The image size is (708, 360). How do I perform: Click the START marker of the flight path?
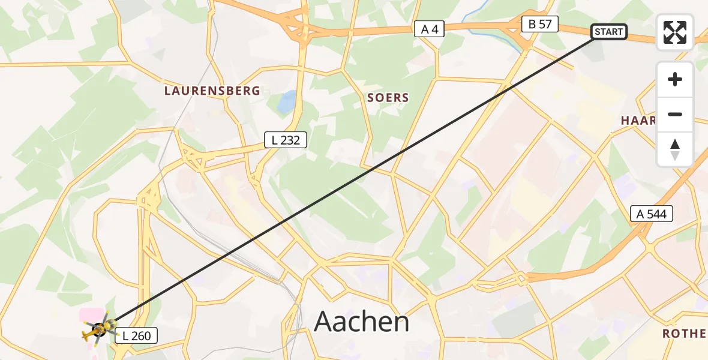[x=609, y=32]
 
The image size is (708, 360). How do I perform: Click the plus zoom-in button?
[x=675, y=80]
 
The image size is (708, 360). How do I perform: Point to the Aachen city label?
[x=361, y=322]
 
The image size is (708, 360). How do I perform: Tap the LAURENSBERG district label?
[x=212, y=91]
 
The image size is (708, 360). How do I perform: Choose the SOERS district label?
[x=388, y=97]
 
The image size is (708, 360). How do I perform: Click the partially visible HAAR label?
[x=638, y=121]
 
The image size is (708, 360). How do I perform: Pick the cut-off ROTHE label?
[x=683, y=334]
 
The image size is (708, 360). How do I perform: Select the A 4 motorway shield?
[x=429, y=29]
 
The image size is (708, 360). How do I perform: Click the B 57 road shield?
[x=539, y=25]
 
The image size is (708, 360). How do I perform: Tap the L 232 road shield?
[x=286, y=140]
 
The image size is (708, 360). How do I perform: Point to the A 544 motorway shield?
[x=652, y=214]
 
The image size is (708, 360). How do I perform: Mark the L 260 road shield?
[x=136, y=336]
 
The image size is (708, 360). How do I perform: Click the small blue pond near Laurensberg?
[x=287, y=100]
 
